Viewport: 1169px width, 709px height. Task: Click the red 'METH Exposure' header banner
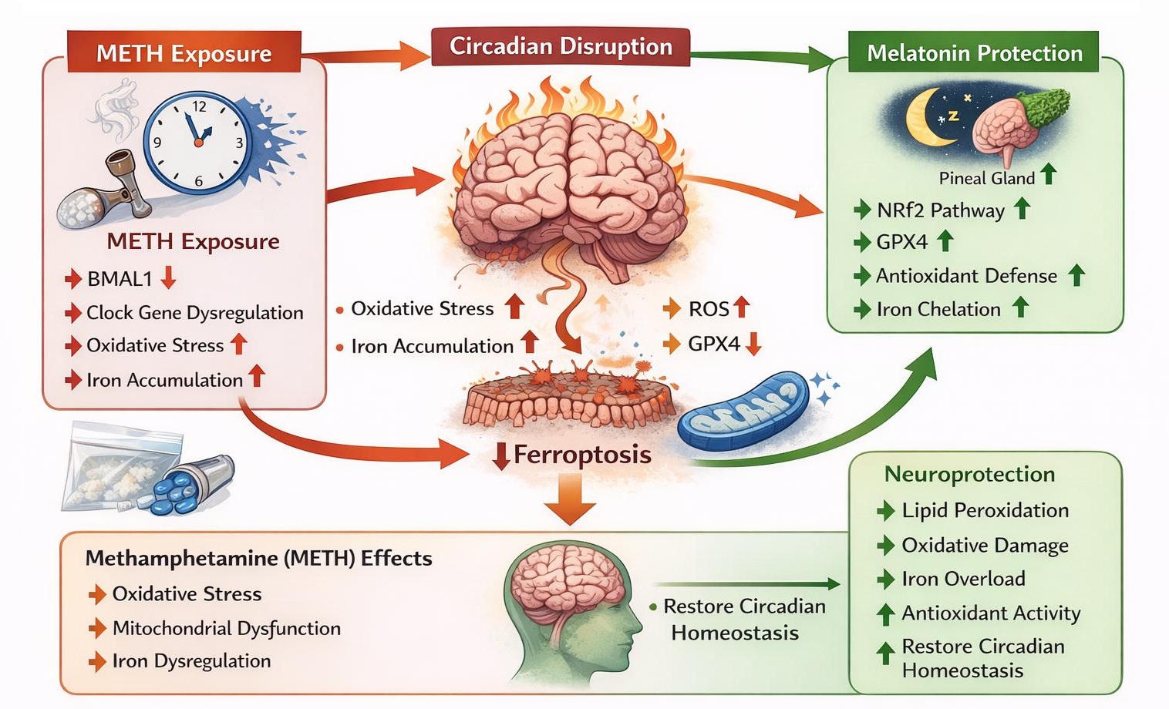pos(184,53)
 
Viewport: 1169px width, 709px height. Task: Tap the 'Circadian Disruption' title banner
pos(561,47)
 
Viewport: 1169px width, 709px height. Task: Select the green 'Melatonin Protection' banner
pos(974,53)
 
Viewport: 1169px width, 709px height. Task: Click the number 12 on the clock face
pos(199,107)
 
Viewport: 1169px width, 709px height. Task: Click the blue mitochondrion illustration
pos(743,412)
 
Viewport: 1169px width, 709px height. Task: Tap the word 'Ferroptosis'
pos(582,455)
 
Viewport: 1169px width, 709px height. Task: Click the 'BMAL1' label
pos(120,279)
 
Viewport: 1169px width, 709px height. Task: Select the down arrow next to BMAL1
pos(168,277)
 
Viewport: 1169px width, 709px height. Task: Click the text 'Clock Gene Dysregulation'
pos(194,313)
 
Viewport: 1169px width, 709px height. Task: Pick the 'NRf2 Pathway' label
pos(940,210)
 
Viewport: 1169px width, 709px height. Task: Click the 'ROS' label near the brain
pos(708,309)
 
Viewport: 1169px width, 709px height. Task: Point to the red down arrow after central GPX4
pos(753,344)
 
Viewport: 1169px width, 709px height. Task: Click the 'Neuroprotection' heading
pos(969,474)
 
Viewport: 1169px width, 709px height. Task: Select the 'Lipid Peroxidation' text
pos(985,510)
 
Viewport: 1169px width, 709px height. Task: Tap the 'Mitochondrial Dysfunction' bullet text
pos(226,628)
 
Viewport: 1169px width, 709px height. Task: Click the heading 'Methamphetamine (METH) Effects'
pos(258,558)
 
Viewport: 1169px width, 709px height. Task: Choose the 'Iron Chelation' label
pos(938,309)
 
